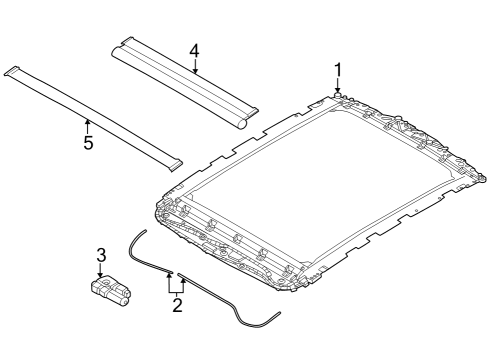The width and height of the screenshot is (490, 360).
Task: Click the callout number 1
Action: click(338, 69)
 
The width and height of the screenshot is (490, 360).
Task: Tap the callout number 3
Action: click(100, 256)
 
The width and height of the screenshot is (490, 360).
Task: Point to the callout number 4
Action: click(194, 50)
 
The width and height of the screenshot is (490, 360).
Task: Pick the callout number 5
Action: click(88, 143)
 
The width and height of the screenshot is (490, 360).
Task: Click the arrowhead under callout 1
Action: click(338, 91)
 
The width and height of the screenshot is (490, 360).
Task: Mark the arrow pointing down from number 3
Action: click(100, 273)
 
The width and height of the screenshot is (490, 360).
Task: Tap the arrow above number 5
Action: click(88, 124)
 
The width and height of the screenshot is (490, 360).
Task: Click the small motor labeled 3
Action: click(110, 290)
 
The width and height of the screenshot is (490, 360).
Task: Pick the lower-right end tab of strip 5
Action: click(175, 163)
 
